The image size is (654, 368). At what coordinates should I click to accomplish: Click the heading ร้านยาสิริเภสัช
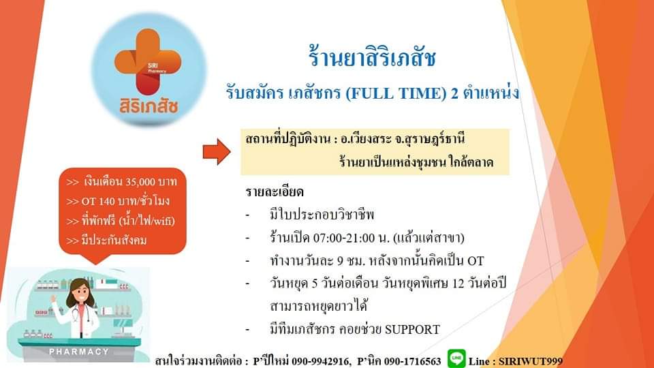[372, 57]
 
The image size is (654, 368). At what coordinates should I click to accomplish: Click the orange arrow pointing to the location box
[217, 152]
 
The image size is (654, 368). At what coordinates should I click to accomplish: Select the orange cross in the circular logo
[148, 61]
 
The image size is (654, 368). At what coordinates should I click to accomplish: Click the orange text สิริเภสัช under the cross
[149, 106]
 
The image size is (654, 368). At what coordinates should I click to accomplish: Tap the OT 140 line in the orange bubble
[118, 202]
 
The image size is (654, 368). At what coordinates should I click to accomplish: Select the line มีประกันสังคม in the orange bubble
[106, 241]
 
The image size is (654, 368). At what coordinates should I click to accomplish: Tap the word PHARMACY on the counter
[79, 352]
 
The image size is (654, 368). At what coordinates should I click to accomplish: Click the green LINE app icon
[456, 358]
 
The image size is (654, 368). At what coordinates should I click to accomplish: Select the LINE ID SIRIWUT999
[531, 361]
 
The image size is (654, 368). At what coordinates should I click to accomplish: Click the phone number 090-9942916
[321, 361]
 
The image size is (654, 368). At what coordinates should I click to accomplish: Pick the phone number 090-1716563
[412, 361]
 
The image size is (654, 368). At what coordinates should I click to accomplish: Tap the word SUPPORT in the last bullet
[412, 330]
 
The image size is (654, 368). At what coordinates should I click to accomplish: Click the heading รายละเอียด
[275, 192]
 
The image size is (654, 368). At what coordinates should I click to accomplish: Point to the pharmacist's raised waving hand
[53, 299]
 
